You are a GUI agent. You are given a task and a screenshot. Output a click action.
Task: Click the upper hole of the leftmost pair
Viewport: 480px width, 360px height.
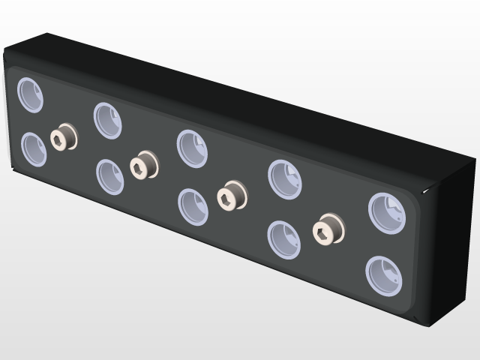(31, 95)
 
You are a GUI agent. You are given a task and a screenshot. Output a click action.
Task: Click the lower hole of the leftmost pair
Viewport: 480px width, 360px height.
(34, 149)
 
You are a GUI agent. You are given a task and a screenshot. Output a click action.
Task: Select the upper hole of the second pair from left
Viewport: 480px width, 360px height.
(108, 120)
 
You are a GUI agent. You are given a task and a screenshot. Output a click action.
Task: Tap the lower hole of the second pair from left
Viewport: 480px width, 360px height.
(110, 177)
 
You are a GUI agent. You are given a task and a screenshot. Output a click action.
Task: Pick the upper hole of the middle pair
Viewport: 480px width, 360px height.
(192, 148)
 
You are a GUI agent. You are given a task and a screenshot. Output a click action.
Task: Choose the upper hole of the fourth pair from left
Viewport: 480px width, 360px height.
(285, 179)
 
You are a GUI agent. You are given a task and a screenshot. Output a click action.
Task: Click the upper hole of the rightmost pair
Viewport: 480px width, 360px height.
(387, 212)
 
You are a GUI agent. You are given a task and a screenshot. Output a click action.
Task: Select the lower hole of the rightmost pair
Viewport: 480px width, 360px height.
(384, 275)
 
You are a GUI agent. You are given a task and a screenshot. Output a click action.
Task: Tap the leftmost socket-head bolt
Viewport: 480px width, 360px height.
(63, 137)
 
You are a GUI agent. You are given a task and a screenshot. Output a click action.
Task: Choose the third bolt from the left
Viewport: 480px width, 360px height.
(231, 196)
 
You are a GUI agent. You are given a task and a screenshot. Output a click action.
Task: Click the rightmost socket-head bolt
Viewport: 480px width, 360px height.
(327, 229)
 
